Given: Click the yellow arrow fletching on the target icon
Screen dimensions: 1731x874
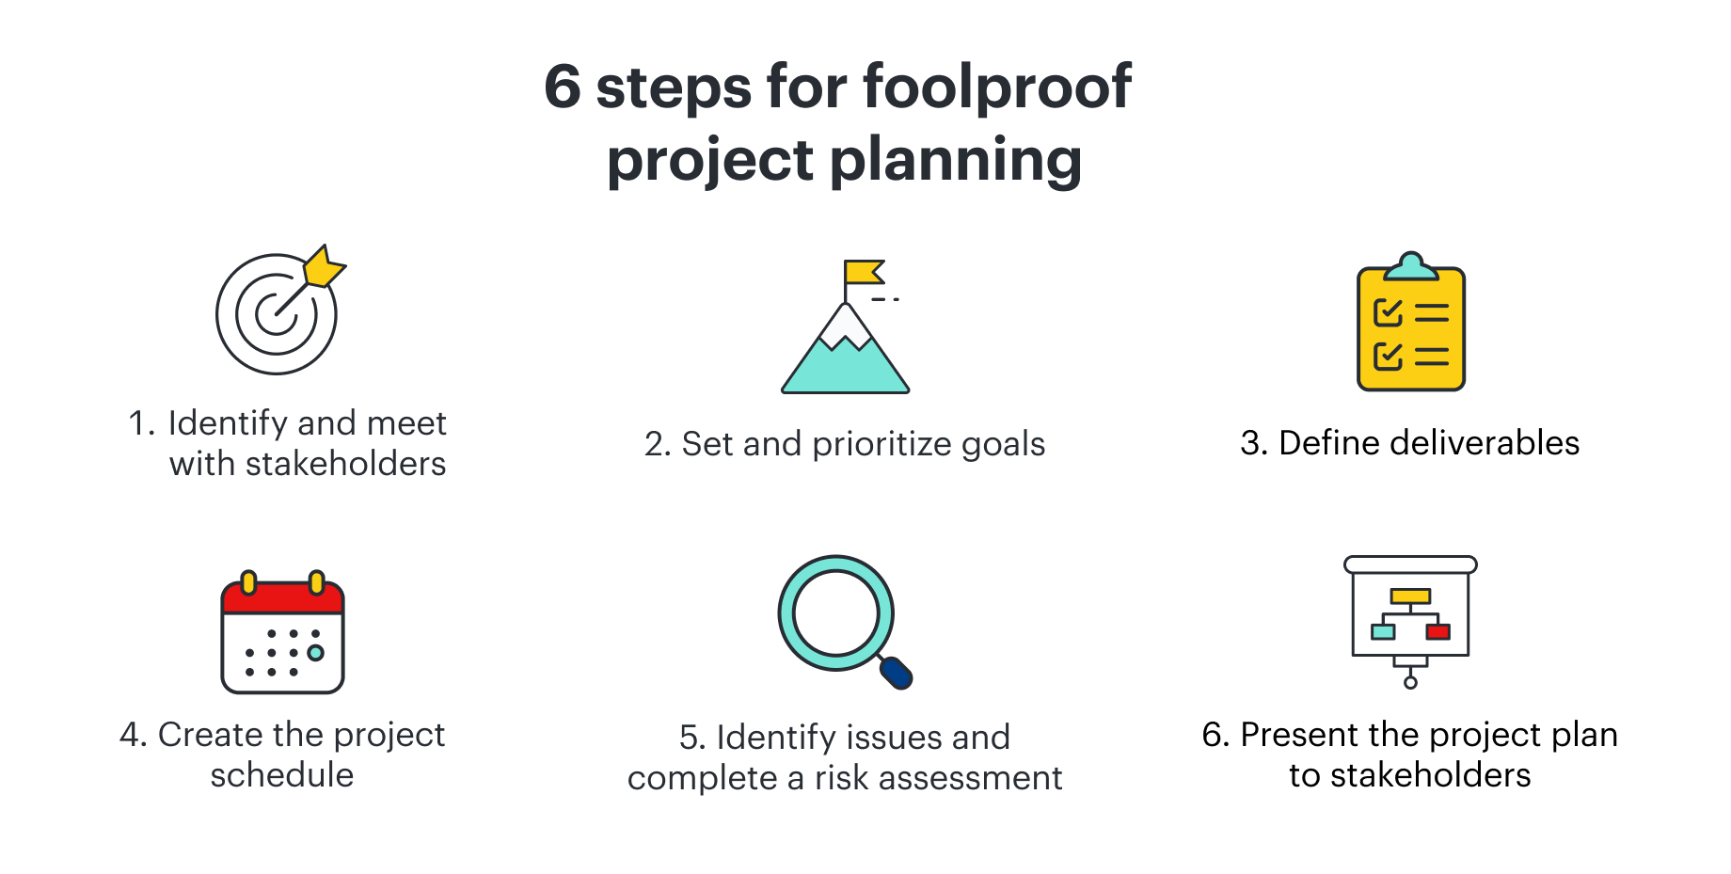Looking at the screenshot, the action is pyautogui.click(x=325, y=266).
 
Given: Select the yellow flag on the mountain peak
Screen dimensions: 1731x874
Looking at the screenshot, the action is pyautogui.click(x=864, y=272).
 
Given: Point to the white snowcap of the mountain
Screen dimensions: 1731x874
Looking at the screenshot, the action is pyautogui.click(x=846, y=327).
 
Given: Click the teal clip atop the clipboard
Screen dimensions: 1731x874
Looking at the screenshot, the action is pyautogui.click(x=1411, y=266).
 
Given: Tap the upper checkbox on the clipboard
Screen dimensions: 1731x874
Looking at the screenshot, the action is pyautogui.click(x=1389, y=312).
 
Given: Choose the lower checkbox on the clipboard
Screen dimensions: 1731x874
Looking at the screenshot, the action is pyautogui.click(x=1389, y=357).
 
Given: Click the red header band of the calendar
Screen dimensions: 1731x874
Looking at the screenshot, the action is pyautogui.click(x=283, y=598).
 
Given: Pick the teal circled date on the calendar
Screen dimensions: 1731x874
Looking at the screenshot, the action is pyautogui.click(x=316, y=653).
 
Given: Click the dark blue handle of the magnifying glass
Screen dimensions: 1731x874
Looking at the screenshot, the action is pyautogui.click(x=897, y=672).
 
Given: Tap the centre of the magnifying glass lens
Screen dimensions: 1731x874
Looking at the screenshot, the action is pyautogui.click(x=836, y=613).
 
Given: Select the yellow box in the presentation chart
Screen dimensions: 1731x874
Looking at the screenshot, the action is pyautogui.click(x=1411, y=596).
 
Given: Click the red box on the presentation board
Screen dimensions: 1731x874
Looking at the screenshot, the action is pyautogui.click(x=1438, y=631).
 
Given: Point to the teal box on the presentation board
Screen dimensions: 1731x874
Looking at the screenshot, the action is pyautogui.click(x=1383, y=631).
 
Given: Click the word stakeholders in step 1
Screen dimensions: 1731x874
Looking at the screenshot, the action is pyautogui.click(x=345, y=464).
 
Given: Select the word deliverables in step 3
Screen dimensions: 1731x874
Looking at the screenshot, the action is pyautogui.click(x=1485, y=443).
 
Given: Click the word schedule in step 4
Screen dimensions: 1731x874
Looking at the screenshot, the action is pyautogui.click(x=282, y=775).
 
